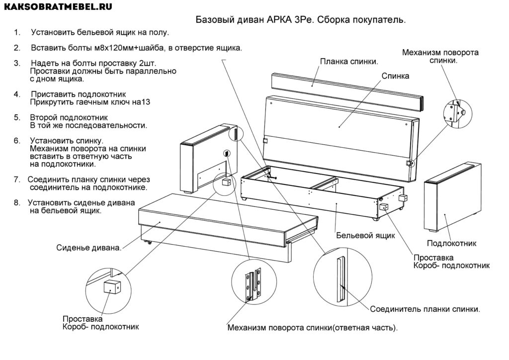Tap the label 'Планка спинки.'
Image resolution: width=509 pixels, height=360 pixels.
pyautogui.click(x=349, y=62)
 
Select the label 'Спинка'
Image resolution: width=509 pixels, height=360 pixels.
pyautogui.click(x=395, y=76)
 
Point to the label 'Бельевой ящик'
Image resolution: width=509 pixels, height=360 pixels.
pyautogui.click(x=365, y=235)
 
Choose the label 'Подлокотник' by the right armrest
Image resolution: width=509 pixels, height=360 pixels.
pyautogui.click(x=452, y=244)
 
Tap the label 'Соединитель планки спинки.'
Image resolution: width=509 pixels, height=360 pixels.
pyautogui.click(x=425, y=309)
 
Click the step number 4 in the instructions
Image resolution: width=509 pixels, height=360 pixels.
pyautogui.click(x=17, y=94)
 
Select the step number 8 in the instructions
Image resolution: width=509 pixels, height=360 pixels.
pyautogui.click(x=17, y=203)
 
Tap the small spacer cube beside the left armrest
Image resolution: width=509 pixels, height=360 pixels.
pyautogui.click(x=223, y=182)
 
